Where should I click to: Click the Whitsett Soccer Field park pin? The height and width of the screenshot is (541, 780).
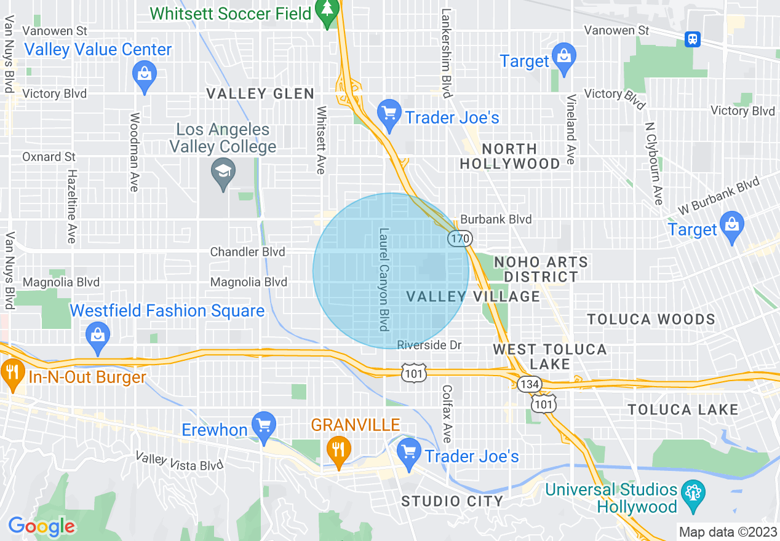point(327,10)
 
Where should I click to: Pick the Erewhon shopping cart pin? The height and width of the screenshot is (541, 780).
point(265,425)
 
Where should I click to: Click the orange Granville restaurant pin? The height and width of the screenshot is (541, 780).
point(338,449)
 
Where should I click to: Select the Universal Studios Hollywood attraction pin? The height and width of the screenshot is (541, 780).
point(694,494)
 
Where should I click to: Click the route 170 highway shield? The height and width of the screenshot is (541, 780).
point(459,238)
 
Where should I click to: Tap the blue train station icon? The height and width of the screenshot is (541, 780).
point(693,39)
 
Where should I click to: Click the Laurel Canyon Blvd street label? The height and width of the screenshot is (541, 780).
point(384,280)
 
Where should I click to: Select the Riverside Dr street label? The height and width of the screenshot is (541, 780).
point(429,345)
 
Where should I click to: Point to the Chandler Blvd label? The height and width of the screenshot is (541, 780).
point(247,252)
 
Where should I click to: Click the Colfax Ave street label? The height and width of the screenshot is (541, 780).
point(447,414)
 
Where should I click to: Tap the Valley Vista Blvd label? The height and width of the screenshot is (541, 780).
point(179,461)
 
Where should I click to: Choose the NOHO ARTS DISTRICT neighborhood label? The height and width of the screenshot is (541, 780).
point(541,269)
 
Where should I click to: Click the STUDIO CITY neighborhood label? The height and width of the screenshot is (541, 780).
point(452,501)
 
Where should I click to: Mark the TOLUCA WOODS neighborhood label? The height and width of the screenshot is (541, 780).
point(651,319)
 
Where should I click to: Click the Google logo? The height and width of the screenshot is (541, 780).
point(42,526)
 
